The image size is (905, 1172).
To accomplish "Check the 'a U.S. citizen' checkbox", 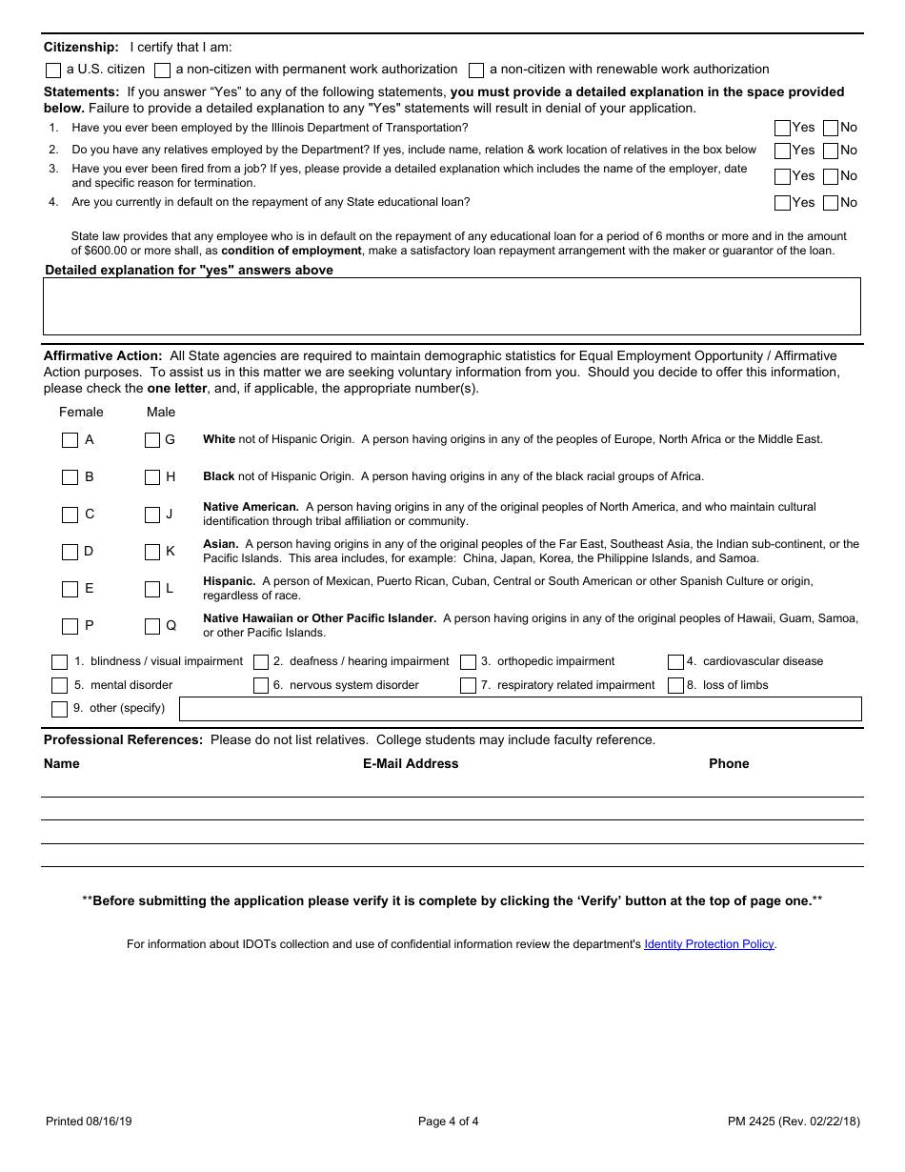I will (x=53, y=71).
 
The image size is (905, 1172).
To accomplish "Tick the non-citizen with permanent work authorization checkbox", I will (x=163, y=71).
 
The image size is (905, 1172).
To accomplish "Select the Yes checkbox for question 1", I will (x=782, y=128).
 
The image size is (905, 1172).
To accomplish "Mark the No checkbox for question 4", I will (x=831, y=203).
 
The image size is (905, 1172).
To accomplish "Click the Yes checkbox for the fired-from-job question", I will (x=782, y=176).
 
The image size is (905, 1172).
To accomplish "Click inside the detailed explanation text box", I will (x=452, y=306).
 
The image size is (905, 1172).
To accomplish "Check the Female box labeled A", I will (x=70, y=440).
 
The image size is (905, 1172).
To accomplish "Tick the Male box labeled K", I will (x=152, y=552).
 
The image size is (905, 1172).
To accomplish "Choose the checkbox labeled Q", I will (x=152, y=627).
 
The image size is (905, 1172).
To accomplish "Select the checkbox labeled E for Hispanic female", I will (x=70, y=589).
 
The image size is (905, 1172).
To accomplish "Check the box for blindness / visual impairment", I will (x=59, y=662).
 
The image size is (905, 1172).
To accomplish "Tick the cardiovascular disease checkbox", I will (x=675, y=662).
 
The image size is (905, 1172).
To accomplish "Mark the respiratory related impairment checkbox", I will (x=468, y=686).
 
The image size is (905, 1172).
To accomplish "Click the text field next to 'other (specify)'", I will (x=520, y=709).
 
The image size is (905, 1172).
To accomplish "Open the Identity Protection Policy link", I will (x=709, y=944).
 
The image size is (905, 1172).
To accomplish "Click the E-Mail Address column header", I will (x=411, y=764).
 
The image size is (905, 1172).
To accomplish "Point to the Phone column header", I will (x=729, y=764).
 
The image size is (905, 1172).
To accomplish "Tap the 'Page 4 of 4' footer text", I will (x=449, y=1121).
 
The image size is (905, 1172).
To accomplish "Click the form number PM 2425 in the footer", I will (x=752, y=1121).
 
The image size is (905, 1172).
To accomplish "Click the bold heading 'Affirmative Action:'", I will (x=103, y=356).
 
